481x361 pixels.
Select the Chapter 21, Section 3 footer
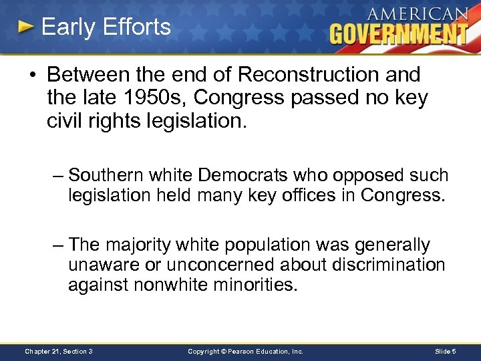pos(58,350)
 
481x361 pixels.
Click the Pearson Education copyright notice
pos(245,350)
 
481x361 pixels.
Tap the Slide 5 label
pos(444,350)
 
